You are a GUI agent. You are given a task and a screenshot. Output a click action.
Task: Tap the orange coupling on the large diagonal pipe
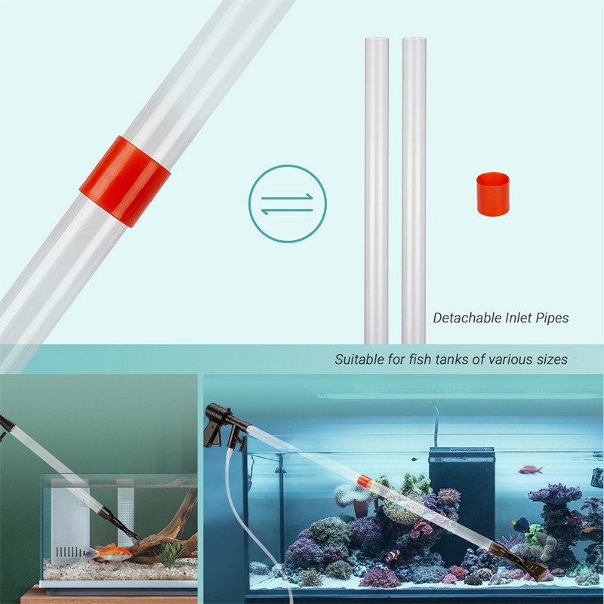(125, 181)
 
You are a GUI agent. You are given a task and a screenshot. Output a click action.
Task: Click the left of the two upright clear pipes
(376, 189)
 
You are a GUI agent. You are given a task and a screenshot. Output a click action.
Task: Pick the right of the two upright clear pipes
(414, 189)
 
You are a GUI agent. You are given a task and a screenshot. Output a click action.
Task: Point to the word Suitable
(359, 359)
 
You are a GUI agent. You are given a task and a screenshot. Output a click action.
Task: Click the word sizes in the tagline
(551, 359)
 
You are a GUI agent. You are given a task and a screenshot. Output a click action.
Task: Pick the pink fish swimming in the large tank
(531, 470)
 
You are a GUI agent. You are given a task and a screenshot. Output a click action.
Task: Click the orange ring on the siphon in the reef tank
(365, 480)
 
